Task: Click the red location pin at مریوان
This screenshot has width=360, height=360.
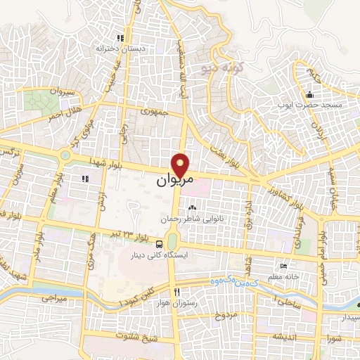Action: [x=181, y=165]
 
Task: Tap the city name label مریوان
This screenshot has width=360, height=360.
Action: [x=172, y=181]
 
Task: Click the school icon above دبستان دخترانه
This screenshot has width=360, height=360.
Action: [x=120, y=38]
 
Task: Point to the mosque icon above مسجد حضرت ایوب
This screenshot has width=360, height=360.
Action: [x=309, y=95]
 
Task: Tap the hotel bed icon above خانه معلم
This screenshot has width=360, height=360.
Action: [x=283, y=266]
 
